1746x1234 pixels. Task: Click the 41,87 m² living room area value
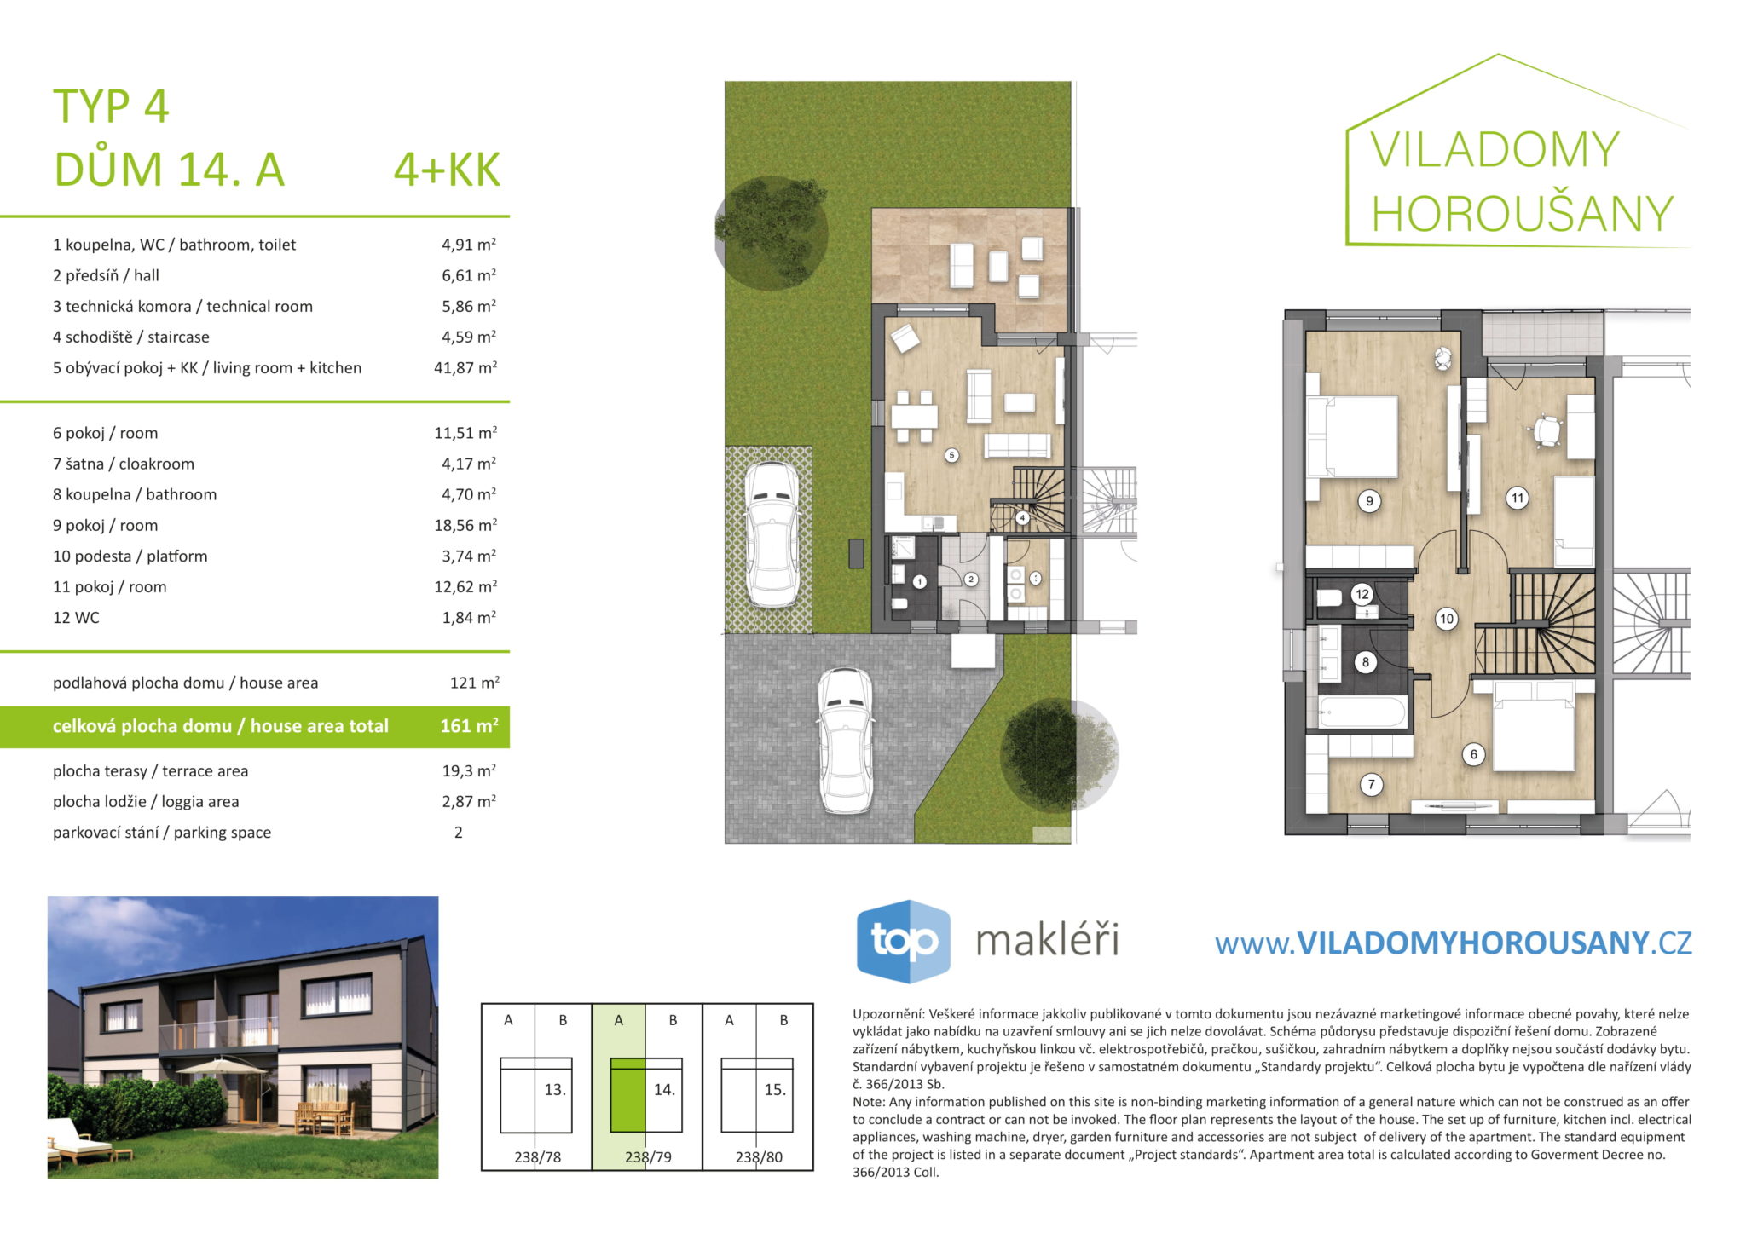(x=465, y=367)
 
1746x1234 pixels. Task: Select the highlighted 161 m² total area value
(x=469, y=726)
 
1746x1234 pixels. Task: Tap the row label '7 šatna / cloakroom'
(x=124, y=464)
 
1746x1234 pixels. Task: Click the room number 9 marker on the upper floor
(x=1369, y=501)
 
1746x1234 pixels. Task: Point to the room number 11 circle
(x=1517, y=499)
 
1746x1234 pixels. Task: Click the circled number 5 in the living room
(x=951, y=455)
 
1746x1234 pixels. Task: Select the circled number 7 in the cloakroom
(x=1371, y=785)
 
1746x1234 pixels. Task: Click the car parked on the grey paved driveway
(x=845, y=740)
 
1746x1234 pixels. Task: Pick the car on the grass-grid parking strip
(x=772, y=534)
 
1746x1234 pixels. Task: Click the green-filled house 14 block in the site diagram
(x=628, y=1095)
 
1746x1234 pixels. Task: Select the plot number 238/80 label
(x=759, y=1157)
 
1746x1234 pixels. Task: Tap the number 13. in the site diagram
(x=555, y=1089)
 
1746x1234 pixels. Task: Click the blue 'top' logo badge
(x=903, y=941)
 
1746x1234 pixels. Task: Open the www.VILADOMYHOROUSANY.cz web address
(x=1453, y=943)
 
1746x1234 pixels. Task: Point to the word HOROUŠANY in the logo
(x=1523, y=213)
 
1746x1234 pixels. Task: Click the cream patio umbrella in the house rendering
(x=222, y=1065)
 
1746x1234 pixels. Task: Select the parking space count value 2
(x=459, y=833)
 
